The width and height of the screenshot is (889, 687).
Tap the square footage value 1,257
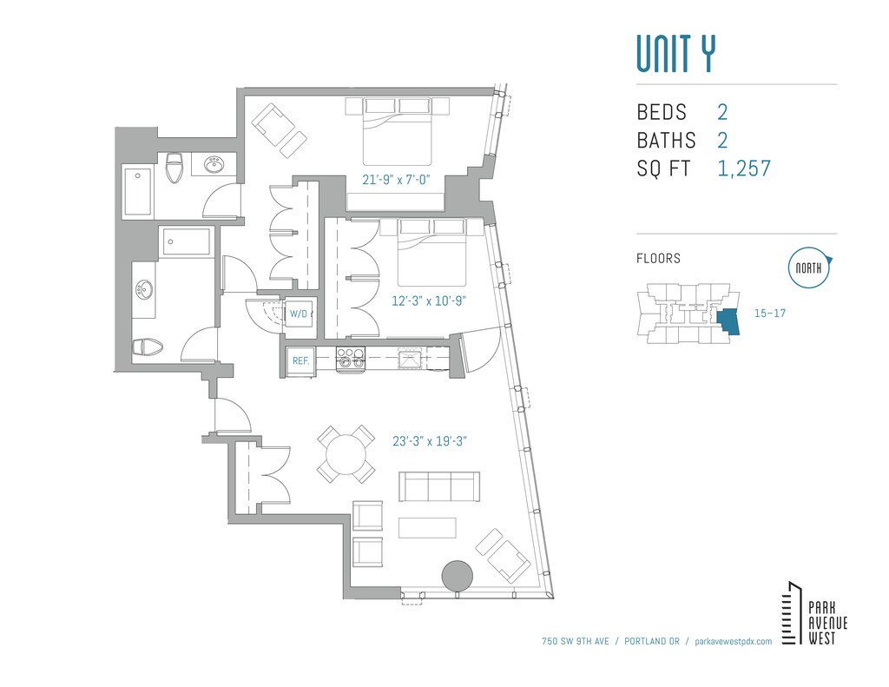pos(744,168)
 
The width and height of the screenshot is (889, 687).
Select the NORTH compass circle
pos(808,268)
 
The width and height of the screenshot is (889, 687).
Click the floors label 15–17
pos(770,314)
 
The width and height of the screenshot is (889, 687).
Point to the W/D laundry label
pos(299,314)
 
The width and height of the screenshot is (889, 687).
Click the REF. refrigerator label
pos(300,360)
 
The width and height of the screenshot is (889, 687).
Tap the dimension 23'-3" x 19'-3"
pos(430,441)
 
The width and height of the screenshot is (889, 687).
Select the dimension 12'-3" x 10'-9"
pos(429,301)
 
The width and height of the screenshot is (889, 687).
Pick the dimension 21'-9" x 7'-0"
pos(396,180)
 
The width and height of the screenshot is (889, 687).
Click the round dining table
pos(346,454)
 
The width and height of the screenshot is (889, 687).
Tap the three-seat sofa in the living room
pos(439,486)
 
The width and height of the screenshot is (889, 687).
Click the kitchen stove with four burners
pos(351,360)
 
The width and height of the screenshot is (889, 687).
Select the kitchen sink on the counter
pos(411,360)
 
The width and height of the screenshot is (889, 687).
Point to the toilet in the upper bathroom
pos(175,168)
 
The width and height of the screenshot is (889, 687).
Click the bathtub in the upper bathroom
pos(137,192)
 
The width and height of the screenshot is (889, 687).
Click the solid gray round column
pos(457,577)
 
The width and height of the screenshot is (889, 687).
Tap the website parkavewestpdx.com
pos(733,642)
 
